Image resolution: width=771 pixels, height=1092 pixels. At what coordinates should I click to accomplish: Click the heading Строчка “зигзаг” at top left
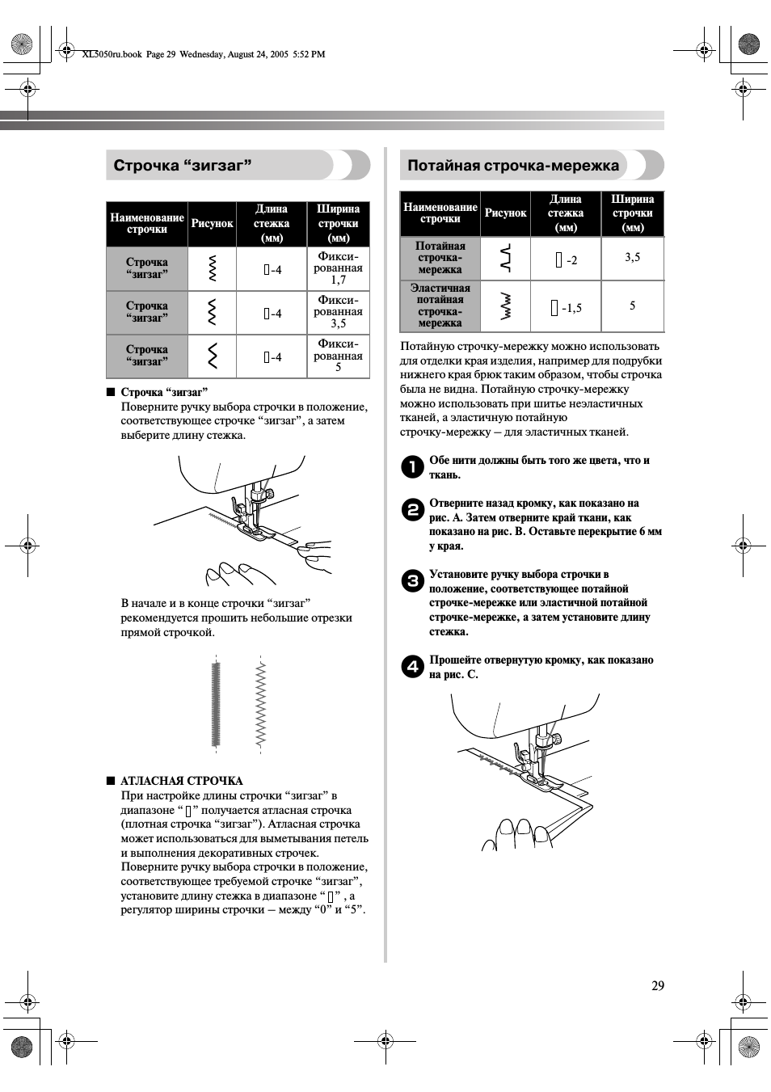pos(183,165)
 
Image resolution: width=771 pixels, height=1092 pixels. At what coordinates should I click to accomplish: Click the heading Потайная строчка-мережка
pos(512,165)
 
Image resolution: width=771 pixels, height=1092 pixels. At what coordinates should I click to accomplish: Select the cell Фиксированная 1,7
pos(338,268)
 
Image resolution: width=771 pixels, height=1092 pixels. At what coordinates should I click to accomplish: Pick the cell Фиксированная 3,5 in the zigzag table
pos(338,312)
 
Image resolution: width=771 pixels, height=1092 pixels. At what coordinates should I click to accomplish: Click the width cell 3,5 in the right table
pos(632,257)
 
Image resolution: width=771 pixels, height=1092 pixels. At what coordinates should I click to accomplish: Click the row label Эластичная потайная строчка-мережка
pos(440,306)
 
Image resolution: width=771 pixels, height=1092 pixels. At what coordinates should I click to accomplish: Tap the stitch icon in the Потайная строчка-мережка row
pos(505,258)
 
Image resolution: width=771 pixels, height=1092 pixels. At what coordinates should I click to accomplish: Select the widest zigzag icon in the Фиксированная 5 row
pos(213,356)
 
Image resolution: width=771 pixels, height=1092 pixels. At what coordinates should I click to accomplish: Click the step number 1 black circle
pos(412,467)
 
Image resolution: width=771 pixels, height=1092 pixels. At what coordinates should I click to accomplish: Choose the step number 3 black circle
pos(412,581)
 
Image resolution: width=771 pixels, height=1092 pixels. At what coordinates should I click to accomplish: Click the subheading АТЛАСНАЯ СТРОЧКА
pos(181,781)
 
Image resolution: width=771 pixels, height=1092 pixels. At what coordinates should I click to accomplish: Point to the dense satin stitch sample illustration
pos(216,704)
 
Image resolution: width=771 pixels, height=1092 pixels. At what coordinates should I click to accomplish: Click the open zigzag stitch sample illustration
pos(261,704)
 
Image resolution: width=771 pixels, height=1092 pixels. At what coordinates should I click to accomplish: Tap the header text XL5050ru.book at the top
pos(112,54)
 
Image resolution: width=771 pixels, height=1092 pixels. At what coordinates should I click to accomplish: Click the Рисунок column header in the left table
pos(212,223)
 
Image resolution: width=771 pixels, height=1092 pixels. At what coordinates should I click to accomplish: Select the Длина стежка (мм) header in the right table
pos(566,213)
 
